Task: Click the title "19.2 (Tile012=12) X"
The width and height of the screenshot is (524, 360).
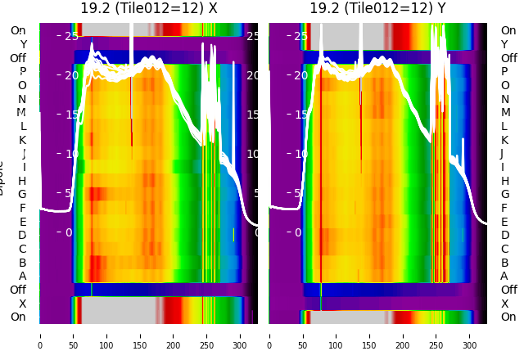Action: pos(149,8)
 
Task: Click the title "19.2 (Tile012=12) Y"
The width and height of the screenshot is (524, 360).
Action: pos(378,8)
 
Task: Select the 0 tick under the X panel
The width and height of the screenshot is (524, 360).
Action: pos(40,335)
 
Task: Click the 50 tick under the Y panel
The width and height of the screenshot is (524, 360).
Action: pos(303,335)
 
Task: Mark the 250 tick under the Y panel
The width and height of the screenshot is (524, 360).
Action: pos(437,335)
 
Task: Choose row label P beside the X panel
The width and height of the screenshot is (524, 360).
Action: pos(22,72)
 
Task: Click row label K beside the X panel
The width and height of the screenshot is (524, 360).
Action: pos(22,140)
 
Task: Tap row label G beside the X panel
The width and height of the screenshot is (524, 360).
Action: pos(22,195)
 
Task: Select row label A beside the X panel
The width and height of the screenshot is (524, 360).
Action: pos(22,277)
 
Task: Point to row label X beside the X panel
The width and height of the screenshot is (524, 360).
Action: pos(22,304)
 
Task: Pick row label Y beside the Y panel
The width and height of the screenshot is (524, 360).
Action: pos(504,44)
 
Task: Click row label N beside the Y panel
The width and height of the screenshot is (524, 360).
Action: pos(504,99)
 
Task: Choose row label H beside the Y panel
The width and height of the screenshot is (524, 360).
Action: pos(504,181)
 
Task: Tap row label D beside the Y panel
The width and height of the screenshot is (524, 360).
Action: pos(504,236)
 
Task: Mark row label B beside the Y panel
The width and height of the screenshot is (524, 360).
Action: pos(504,263)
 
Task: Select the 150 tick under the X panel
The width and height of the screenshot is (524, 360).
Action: pos(140,335)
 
